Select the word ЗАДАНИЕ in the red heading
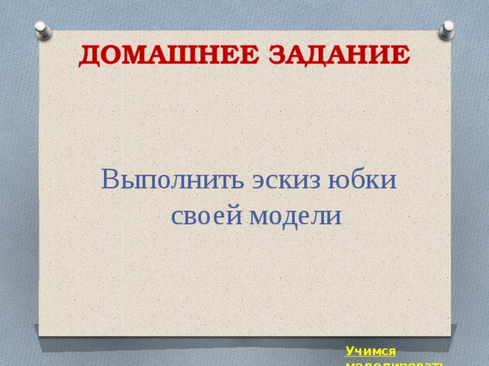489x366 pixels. [x=335, y=57]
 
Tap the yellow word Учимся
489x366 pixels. [x=371, y=351]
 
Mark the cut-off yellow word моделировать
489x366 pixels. [x=394, y=363]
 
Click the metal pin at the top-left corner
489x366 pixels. [x=44, y=31]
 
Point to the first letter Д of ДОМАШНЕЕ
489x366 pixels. [x=89, y=58]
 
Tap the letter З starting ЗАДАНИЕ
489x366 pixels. [x=270, y=57]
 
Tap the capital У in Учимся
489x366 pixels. [x=349, y=351]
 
